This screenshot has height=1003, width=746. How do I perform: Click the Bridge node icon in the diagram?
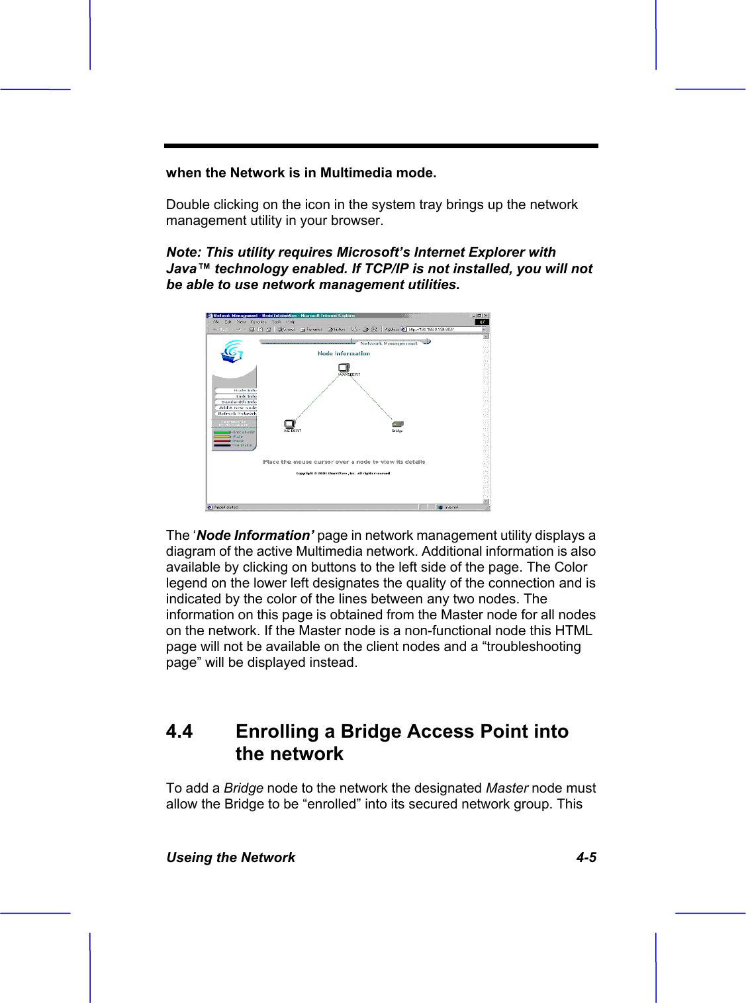397,424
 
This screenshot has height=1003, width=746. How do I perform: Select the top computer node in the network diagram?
344,368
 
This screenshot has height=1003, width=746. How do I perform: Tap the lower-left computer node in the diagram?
290,424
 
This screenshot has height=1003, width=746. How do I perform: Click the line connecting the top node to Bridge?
371,397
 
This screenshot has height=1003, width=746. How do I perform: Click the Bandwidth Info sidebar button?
238,402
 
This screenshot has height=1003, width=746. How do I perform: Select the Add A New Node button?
238,408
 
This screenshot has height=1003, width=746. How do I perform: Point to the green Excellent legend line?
222,432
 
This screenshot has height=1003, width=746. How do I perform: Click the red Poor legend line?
222,441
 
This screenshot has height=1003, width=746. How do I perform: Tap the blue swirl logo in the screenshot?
232,351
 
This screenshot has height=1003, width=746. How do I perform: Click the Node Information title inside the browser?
344,353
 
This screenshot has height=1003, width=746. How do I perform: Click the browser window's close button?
486,316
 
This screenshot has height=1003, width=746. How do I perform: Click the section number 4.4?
179,731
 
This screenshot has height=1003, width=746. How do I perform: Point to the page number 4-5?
586,857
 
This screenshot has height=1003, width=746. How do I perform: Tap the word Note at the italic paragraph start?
183,252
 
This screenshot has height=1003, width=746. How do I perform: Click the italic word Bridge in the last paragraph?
244,788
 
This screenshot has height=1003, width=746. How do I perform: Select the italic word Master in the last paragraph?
506,788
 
